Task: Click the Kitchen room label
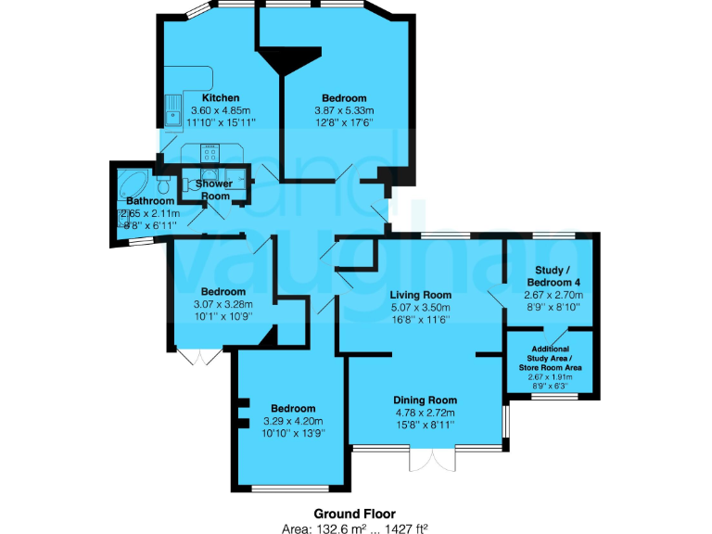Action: pyautogui.click(x=221, y=97)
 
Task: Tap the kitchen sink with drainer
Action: pyautogui.click(x=172, y=110)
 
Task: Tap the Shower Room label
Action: pyautogui.click(x=214, y=189)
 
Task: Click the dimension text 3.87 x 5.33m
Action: pyautogui.click(x=344, y=109)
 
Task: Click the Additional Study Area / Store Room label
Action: pyautogui.click(x=551, y=358)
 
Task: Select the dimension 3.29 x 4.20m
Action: pyautogui.click(x=292, y=420)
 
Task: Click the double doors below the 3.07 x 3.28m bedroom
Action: pyautogui.click(x=199, y=357)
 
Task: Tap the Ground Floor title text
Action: pyautogui.click(x=355, y=513)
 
